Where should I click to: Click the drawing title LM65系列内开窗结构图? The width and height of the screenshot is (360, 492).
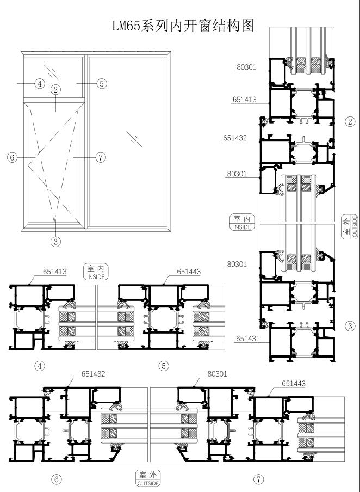(x=183, y=26)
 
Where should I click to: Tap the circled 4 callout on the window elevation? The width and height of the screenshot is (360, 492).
(x=40, y=84)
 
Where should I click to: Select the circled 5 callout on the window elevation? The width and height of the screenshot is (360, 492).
(x=102, y=84)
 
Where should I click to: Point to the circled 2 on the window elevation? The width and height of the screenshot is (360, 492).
(x=56, y=90)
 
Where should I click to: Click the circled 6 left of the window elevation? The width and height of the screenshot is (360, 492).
(x=12, y=157)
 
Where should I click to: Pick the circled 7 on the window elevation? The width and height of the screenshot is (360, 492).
(x=101, y=157)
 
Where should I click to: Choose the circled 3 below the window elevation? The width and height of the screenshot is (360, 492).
(x=56, y=242)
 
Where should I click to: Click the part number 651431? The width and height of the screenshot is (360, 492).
(x=248, y=339)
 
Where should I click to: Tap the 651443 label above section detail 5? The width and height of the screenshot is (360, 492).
(x=189, y=272)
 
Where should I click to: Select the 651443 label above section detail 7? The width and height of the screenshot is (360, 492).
(x=294, y=384)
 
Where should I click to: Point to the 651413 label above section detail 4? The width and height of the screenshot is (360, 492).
(x=55, y=272)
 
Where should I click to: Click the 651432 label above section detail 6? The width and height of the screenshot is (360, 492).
(x=94, y=374)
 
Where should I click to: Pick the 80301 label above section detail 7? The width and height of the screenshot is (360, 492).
(x=218, y=374)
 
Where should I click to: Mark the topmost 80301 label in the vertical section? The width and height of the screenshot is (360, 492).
(x=246, y=67)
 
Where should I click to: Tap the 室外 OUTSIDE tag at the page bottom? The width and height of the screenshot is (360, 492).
(x=148, y=478)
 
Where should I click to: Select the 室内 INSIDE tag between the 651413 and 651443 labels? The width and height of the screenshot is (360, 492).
(x=96, y=272)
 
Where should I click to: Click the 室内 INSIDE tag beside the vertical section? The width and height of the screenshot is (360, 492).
(x=242, y=223)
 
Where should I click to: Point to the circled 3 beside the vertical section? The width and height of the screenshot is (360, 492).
(x=350, y=326)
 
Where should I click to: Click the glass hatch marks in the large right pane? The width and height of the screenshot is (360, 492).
(x=134, y=139)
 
